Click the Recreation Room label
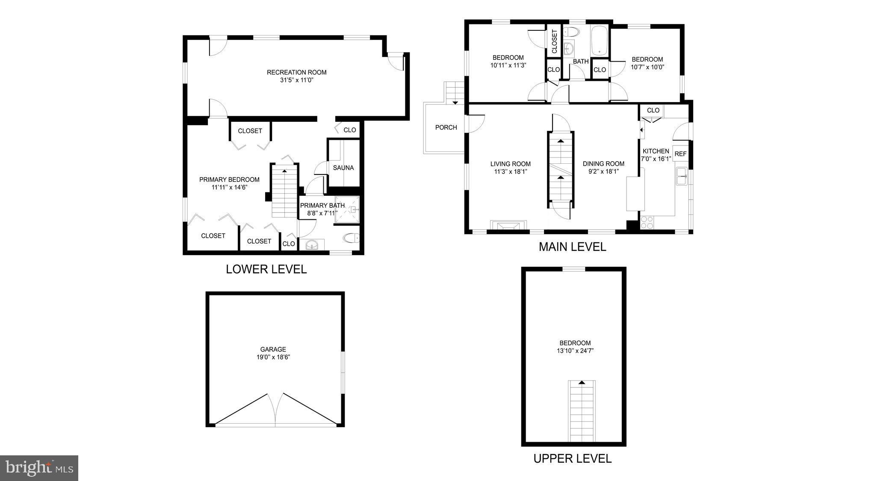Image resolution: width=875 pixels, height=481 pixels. tap(296, 72)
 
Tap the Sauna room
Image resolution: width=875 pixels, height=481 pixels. tap(343, 168)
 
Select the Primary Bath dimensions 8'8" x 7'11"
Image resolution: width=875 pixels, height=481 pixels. tap(322, 213)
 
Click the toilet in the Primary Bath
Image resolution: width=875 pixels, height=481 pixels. tap(351, 238)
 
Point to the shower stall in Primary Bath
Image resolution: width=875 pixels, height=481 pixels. tap(347, 210)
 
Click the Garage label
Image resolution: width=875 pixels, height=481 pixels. tap(273, 349)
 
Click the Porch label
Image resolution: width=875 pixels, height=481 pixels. tap(446, 127)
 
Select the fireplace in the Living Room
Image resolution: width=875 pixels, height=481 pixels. tap(508, 225)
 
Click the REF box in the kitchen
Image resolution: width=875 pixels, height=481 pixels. tap(680, 154)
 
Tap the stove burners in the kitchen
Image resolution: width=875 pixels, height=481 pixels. tap(647, 222)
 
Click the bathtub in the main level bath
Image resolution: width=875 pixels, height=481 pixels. tap(600, 40)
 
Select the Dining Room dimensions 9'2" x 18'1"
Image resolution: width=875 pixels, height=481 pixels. tap(603, 171)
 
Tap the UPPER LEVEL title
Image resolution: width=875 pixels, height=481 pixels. tap(572, 458)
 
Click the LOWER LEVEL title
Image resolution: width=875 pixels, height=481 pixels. tap(266, 269)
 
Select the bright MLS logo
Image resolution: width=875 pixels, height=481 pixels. tap(39, 468)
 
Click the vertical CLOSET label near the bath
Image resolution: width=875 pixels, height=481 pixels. tap(554, 41)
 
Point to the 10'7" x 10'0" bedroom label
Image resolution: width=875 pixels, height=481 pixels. tap(647, 67)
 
